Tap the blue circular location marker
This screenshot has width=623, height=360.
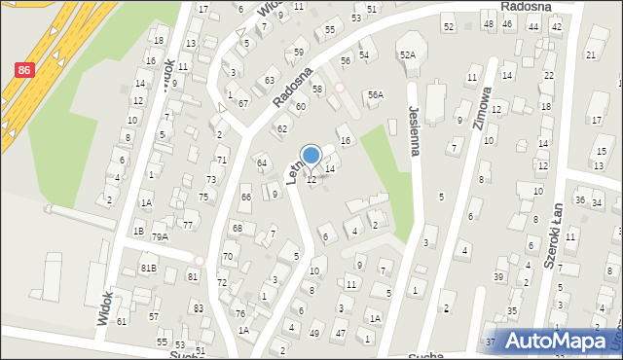coord(311,155)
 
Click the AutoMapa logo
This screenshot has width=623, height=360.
coord(559,341)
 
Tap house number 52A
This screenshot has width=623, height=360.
coord(407,55)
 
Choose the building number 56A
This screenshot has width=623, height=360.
coord(375,94)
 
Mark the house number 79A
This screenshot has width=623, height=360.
coord(160,236)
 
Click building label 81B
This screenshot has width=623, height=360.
coord(148,268)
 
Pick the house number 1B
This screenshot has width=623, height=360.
coord(138,231)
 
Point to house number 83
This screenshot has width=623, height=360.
coord(198,307)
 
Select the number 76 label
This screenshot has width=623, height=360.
coord(239,313)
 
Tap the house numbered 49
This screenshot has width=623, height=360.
coord(313,334)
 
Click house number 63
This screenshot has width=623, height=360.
coord(269,80)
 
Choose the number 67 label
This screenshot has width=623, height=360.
coord(243,103)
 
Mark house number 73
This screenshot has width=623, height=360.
coord(211,179)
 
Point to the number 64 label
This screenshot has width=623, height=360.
coord(261,162)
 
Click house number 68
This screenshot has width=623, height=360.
coord(237,228)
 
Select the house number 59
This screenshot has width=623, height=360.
coord(298,52)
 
